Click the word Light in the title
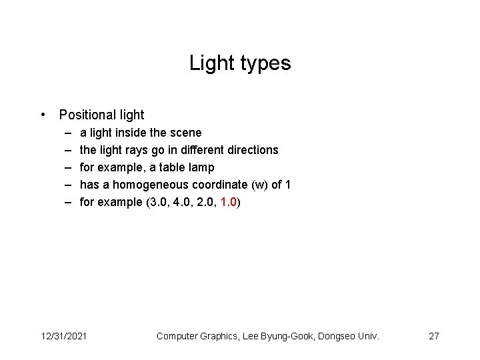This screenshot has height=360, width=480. [207, 63]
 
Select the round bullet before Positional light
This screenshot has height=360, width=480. [43, 115]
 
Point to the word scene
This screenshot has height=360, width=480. [187, 133]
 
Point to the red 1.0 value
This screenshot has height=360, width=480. [228, 202]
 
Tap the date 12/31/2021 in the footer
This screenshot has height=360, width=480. [63, 336]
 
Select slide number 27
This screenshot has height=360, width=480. [433, 336]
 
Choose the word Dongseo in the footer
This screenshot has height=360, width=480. [336, 336]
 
